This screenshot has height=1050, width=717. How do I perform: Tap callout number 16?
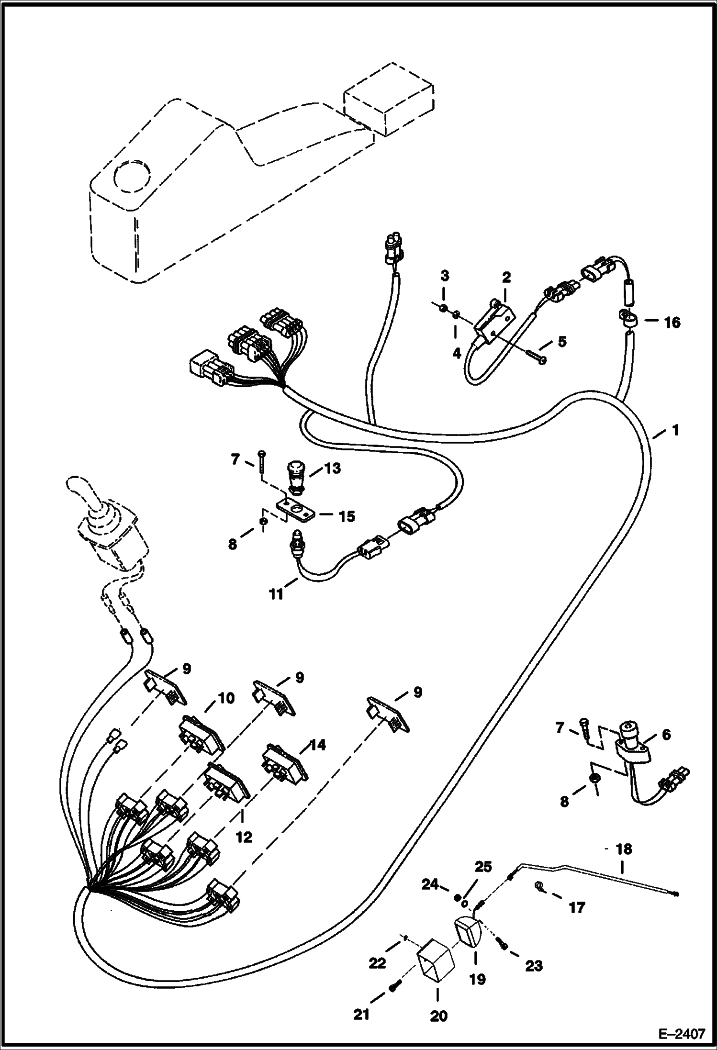click(672, 323)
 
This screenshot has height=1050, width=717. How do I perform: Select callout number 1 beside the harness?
click(674, 430)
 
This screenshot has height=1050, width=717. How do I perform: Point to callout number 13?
click(332, 468)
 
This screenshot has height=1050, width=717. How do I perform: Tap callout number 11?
click(276, 595)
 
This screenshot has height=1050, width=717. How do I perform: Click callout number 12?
click(244, 837)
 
